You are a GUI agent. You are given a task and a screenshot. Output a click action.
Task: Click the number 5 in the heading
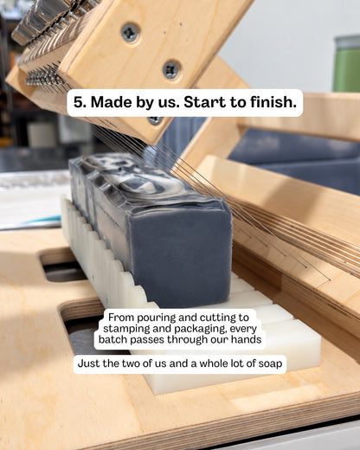78,102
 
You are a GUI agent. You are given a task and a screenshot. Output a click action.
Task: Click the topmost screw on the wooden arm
131,32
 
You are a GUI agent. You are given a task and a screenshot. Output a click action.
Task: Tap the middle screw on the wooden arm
171,70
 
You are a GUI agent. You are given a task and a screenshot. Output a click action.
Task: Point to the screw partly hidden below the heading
155,120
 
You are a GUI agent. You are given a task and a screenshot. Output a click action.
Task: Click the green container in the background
347,64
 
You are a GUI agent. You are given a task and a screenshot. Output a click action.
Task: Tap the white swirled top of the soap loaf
136,179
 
